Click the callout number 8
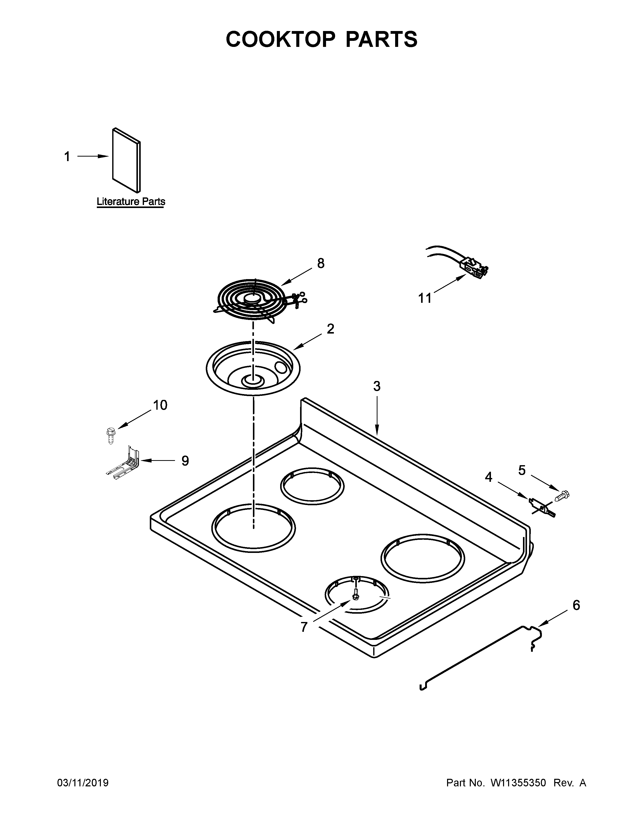click(321, 263)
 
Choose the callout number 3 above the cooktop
click(376, 386)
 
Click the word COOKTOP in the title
click(281, 40)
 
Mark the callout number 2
click(330, 329)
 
